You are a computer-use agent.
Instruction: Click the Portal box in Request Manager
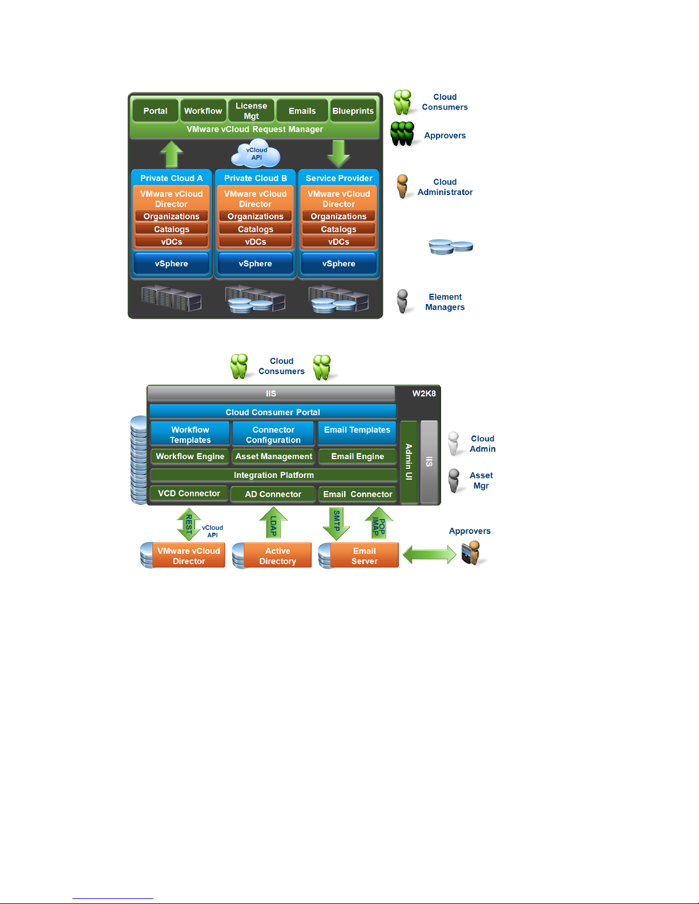pyautogui.click(x=155, y=111)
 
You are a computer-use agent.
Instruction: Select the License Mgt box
pyautogui.click(x=251, y=111)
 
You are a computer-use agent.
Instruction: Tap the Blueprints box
pyautogui.click(x=353, y=111)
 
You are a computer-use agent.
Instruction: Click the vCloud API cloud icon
pyautogui.click(x=256, y=154)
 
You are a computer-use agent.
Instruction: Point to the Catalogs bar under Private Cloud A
pyautogui.click(x=171, y=229)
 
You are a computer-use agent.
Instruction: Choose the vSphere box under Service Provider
pyautogui.click(x=338, y=264)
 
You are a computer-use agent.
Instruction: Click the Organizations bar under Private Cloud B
pyautogui.click(x=255, y=217)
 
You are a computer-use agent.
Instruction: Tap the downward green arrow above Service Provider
pyautogui.click(x=338, y=153)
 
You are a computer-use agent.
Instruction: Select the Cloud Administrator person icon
pyautogui.click(x=403, y=186)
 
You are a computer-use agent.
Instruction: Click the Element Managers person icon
pyautogui.click(x=403, y=301)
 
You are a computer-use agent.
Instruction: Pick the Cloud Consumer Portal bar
pyautogui.click(x=273, y=412)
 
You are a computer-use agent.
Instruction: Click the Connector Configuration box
pyautogui.click(x=273, y=435)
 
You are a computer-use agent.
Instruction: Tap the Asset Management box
pyautogui.click(x=274, y=456)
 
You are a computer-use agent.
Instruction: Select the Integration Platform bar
pyautogui.click(x=274, y=475)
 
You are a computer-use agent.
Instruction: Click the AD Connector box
pyautogui.click(x=273, y=494)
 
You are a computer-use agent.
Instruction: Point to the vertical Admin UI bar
pyautogui.click(x=409, y=462)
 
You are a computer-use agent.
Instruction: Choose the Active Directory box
pyautogui.click(x=277, y=556)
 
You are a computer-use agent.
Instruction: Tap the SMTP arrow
pyautogui.click(x=337, y=524)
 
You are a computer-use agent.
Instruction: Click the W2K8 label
pyautogui.click(x=424, y=394)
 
